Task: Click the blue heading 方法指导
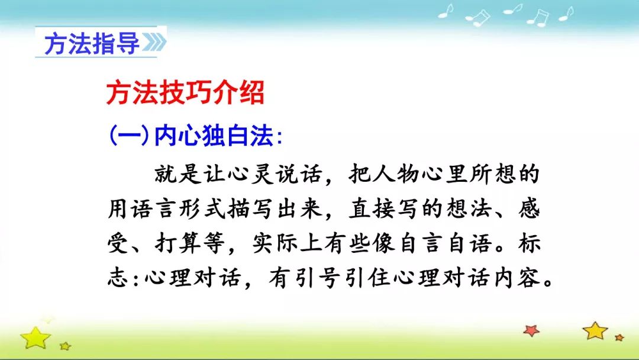[x=92, y=44]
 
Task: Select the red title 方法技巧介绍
[x=185, y=92]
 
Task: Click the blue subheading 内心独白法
[x=214, y=136]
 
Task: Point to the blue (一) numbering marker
[x=129, y=136]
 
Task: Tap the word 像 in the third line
[x=383, y=244]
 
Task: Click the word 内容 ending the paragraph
[x=518, y=278]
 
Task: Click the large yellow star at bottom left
[x=35, y=337]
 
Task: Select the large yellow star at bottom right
[x=595, y=330]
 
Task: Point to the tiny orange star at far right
[x=619, y=337]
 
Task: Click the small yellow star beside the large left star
[x=65, y=346]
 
